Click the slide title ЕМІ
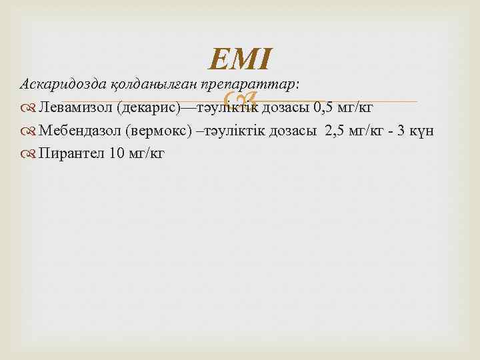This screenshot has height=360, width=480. pyautogui.click(x=240, y=59)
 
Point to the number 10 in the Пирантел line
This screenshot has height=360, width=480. pyautogui.click(x=115, y=153)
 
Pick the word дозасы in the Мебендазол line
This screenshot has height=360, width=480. pyautogui.click(x=292, y=131)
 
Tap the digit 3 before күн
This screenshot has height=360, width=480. pyautogui.click(x=403, y=131)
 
